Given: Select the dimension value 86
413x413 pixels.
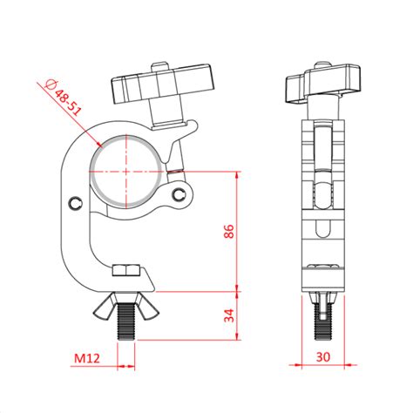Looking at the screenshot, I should (229, 231).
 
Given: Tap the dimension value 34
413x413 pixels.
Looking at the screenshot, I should (229, 315).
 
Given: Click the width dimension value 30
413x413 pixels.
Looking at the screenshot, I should (323, 357).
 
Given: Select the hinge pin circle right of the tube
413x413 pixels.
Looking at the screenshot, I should (180, 192).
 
